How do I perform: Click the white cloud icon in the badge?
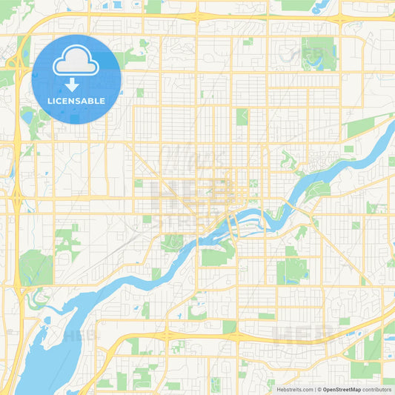pos(76,64)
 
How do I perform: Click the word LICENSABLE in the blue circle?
pos(76,101)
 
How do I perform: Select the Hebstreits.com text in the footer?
pos(293,389)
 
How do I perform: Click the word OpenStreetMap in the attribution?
pos(341,389)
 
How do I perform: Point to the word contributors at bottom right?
pos(376,389)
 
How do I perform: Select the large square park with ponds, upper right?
pos(318,53)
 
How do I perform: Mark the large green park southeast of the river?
pos(291,270)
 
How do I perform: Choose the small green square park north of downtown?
pos(242,116)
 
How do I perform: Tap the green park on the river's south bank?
pos(216,256)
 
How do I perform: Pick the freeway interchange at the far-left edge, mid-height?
pos(16,199)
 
